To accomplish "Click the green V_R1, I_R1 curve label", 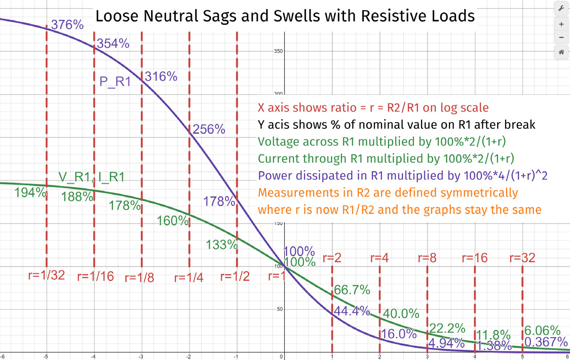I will (92, 177).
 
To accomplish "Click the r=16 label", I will (474, 258).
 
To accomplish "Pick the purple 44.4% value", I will (351, 311).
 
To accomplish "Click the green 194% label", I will (30, 193).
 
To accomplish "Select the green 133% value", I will (222, 244).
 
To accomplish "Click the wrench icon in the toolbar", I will (561, 9).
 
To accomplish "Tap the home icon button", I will (561, 52).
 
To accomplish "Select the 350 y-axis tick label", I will (278, 51).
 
